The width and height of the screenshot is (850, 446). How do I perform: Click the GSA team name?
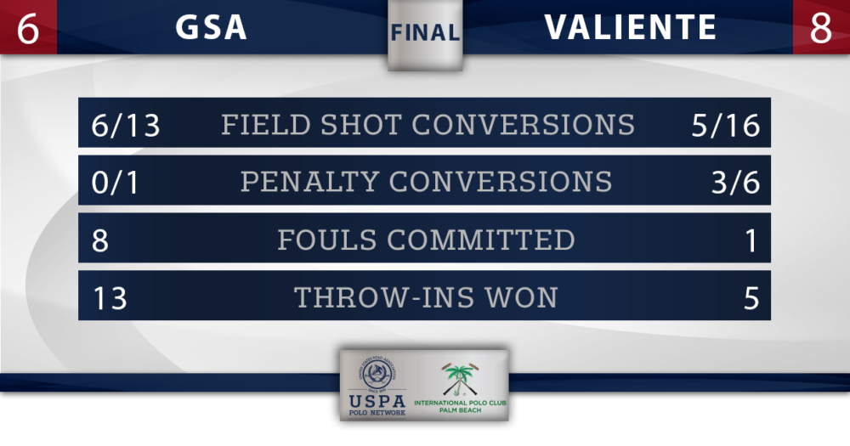tap(212, 27)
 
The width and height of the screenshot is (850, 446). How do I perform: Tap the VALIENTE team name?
tap(631, 27)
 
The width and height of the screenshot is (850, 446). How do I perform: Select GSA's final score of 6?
tap(28, 28)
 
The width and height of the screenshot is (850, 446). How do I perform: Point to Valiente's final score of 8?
tap(821, 28)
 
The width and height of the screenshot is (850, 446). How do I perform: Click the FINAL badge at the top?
tap(426, 33)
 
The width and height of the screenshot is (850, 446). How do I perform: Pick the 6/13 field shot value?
tap(126, 125)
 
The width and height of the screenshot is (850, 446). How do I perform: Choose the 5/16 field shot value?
tap(725, 125)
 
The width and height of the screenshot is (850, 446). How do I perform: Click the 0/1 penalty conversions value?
tap(116, 182)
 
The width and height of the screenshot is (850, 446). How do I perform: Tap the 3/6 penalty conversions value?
tap(735, 182)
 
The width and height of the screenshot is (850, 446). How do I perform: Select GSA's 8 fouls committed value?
tap(100, 240)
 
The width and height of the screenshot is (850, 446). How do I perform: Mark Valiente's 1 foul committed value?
tap(752, 240)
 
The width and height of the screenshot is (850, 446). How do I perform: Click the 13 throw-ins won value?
tap(110, 297)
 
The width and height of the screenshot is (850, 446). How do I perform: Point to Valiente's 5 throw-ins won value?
tap(751, 297)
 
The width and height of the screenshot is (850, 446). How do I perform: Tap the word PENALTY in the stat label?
tap(309, 182)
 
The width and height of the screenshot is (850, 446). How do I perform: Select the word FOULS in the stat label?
tap(327, 240)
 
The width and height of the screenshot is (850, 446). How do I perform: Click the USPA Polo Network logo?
tap(377, 387)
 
